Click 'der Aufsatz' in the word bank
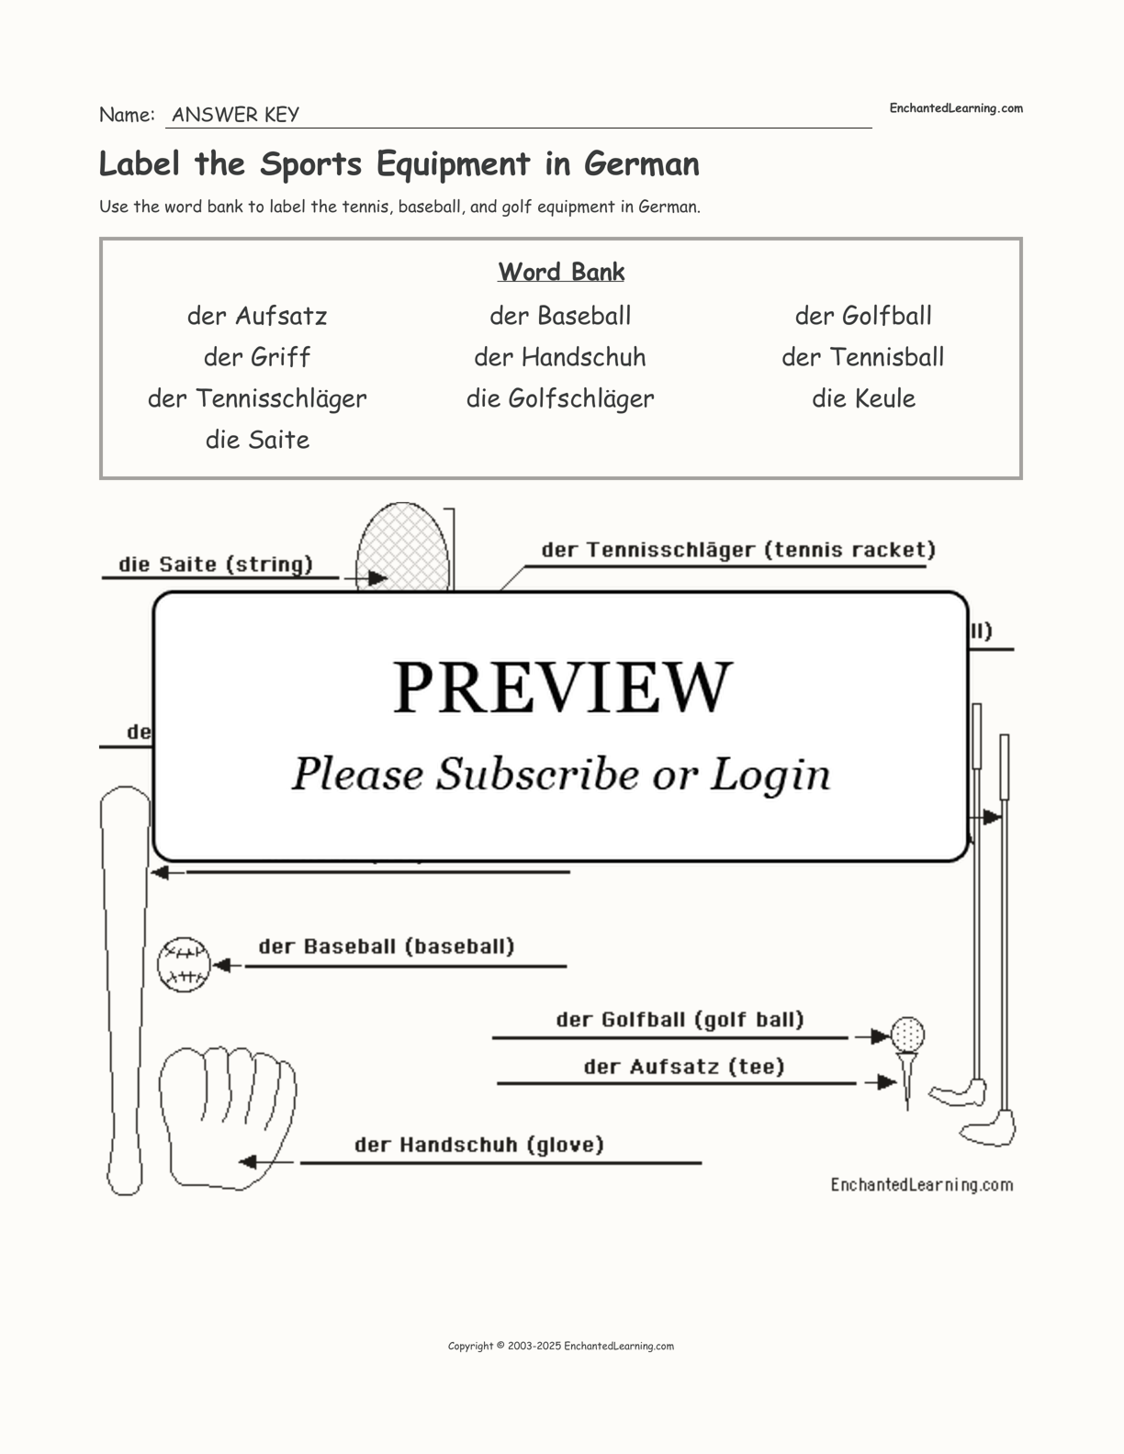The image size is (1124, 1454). [257, 316]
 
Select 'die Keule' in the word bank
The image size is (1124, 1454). [863, 398]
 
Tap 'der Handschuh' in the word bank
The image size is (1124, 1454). [560, 357]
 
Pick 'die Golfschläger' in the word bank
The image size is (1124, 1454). [560, 398]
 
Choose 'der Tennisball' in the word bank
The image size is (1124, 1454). [863, 357]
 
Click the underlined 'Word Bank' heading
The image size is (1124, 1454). [561, 272]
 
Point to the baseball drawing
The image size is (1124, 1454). [184, 965]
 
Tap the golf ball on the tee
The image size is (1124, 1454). [907, 1035]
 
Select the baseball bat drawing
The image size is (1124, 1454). [124, 991]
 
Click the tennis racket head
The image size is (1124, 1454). [402, 548]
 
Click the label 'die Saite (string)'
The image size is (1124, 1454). [216, 565]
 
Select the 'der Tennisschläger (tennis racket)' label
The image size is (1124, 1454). [738, 550]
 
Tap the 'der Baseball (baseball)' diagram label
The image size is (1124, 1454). [387, 946]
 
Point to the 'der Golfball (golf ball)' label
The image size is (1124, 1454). [680, 1020]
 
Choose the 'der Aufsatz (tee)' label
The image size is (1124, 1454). [684, 1067]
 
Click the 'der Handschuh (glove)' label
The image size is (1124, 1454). [479, 1145]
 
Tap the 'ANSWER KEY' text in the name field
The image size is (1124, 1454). [235, 115]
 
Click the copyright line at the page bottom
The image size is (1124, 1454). [561, 1347]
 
